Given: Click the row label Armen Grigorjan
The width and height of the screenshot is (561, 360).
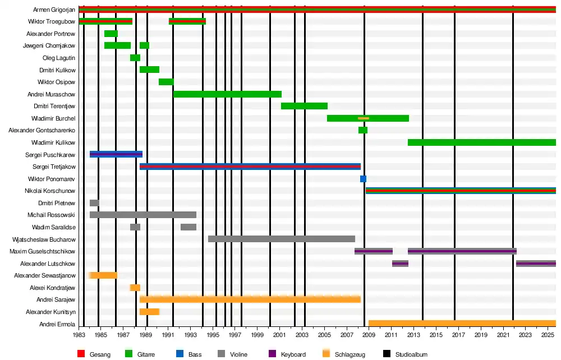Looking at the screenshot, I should (52, 10).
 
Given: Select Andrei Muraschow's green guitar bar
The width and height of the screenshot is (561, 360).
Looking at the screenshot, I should (227, 94).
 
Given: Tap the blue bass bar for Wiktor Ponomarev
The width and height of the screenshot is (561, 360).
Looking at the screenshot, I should (363, 179).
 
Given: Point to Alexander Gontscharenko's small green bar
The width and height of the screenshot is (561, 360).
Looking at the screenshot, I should (363, 130).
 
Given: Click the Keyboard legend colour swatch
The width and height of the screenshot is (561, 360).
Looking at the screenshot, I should (272, 354).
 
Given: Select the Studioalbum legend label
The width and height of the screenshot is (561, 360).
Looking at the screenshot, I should (411, 354).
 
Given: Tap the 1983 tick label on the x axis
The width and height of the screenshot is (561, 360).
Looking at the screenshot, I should (79, 335).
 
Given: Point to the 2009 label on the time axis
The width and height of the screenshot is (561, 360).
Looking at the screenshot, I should (369, 335).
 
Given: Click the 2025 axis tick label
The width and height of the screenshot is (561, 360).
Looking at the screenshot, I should (547, 335).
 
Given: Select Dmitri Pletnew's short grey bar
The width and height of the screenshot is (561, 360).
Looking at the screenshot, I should (94, 203).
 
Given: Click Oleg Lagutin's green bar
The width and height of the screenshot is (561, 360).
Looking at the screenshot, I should (135, 58).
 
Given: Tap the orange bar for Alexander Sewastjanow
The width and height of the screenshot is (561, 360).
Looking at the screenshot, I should (103, 275).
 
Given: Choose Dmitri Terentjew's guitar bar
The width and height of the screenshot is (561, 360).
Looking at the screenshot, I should (304, 106).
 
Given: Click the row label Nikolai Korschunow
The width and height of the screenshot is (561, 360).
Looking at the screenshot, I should (50, 191).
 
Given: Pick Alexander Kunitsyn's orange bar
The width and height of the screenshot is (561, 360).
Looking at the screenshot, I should (149, 312).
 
